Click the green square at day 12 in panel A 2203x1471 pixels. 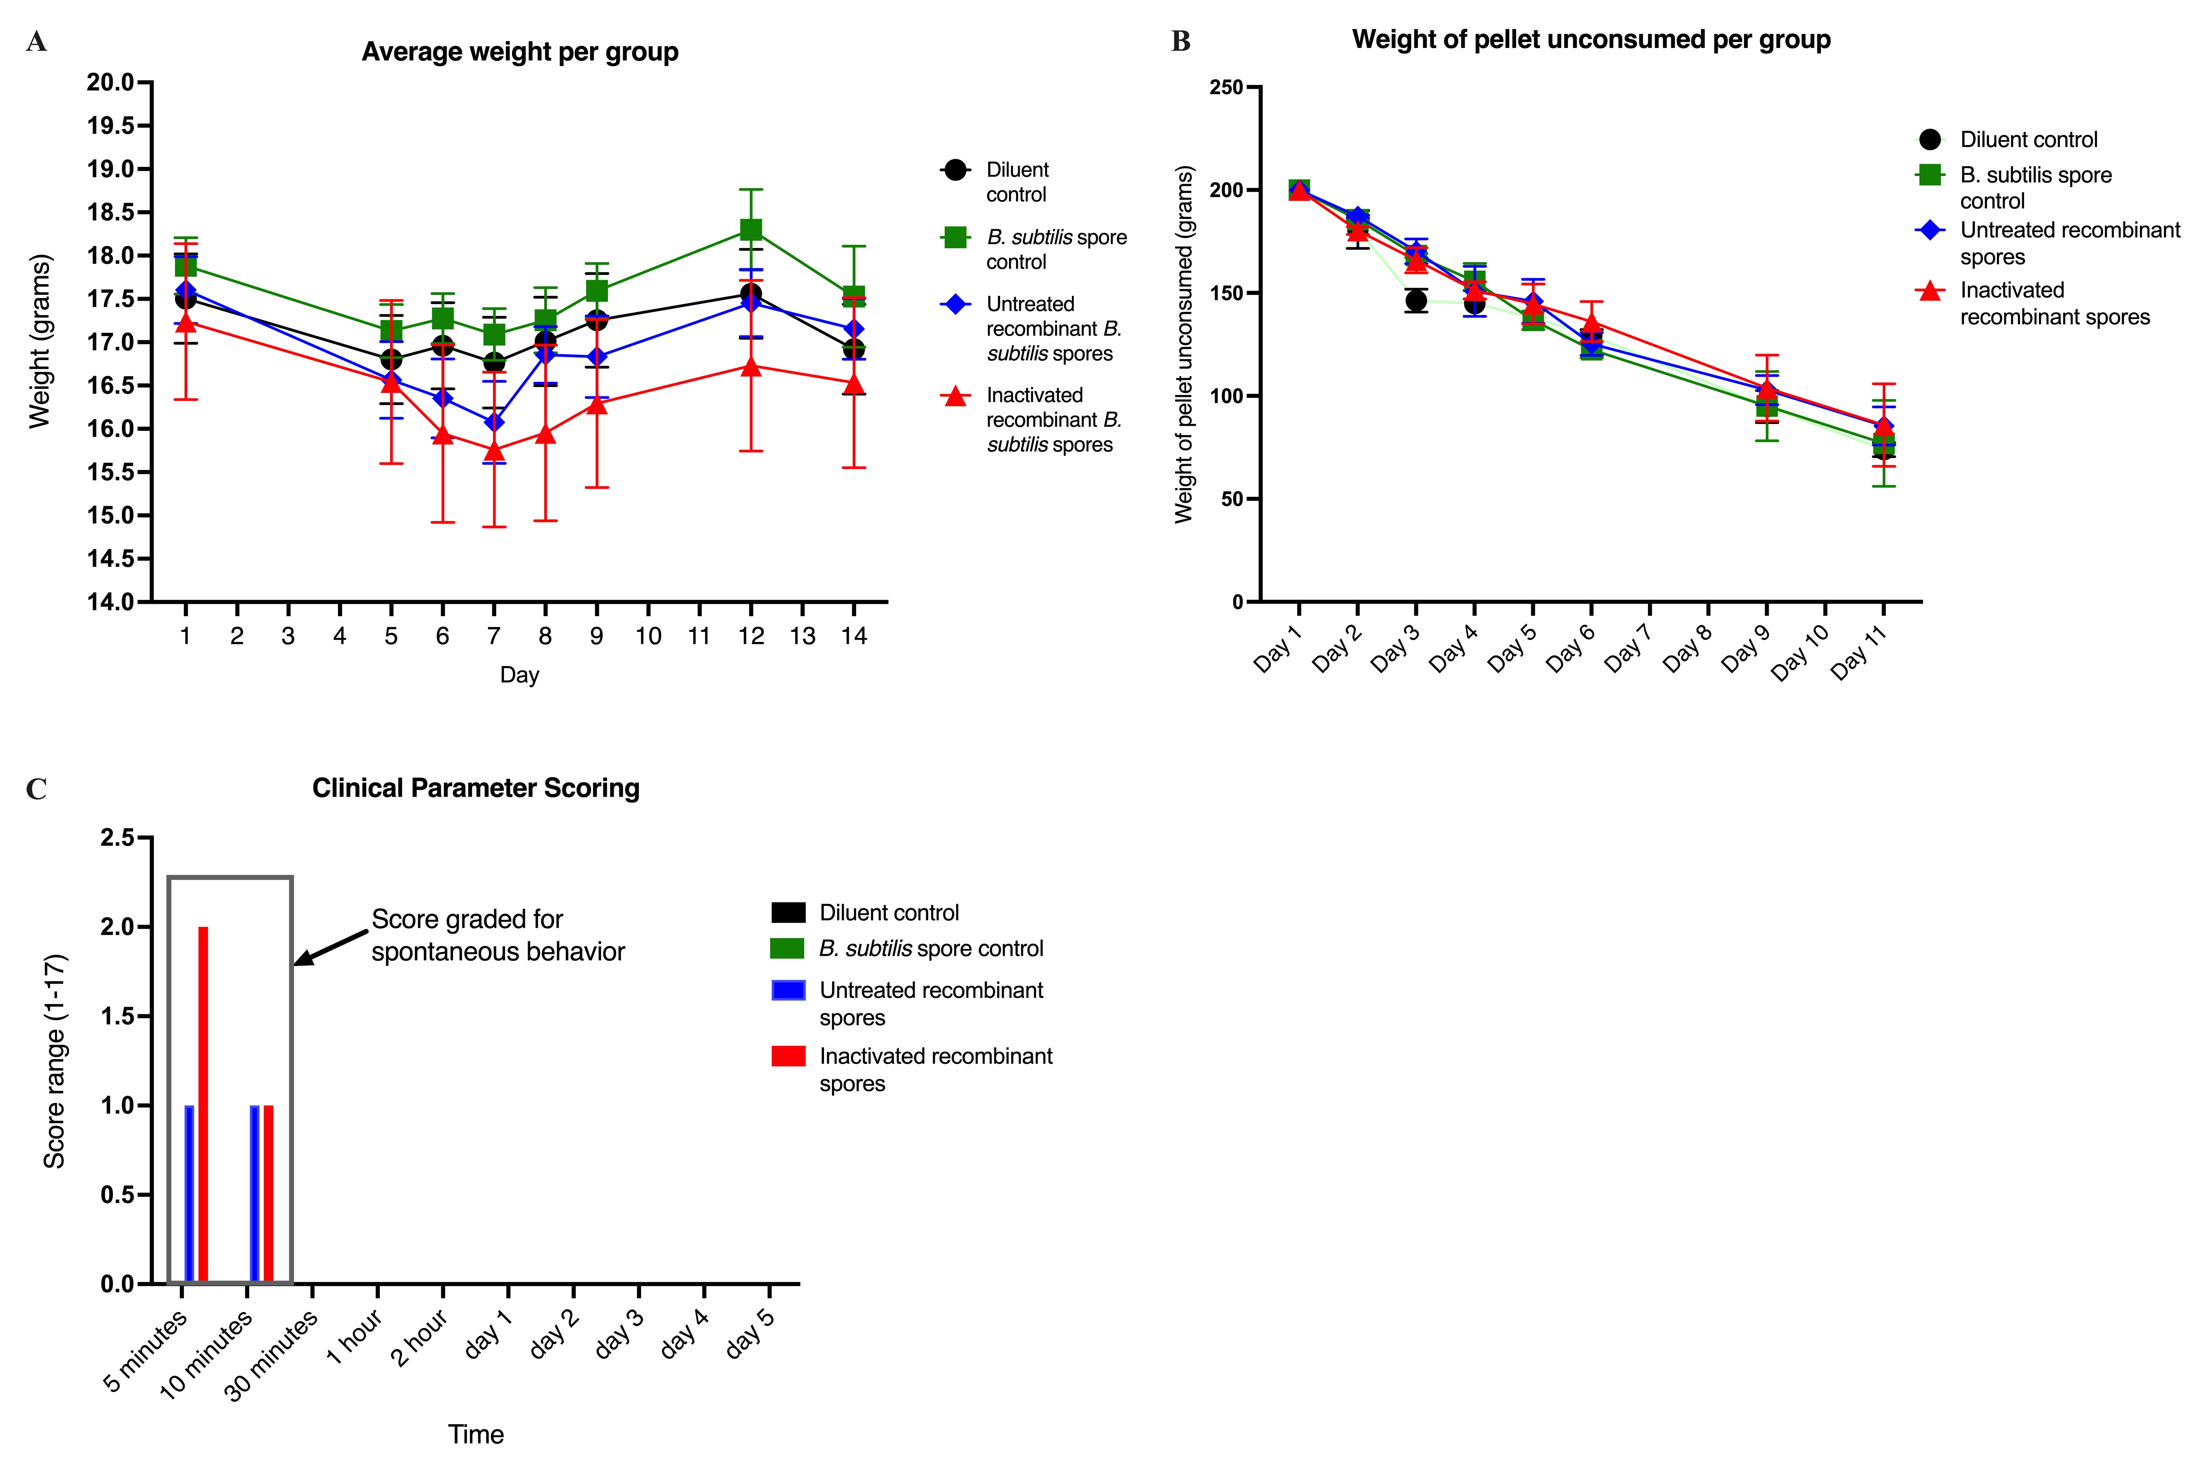751,230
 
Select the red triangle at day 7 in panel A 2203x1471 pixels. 494,450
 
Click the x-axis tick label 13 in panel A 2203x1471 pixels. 802,636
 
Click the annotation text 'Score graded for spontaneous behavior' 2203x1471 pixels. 497,935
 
